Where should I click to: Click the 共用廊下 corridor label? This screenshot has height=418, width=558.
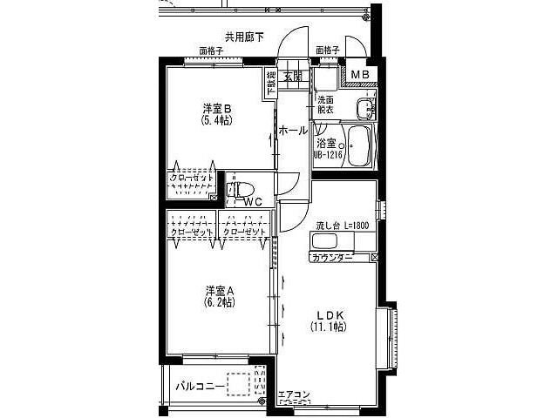(x=244, y=37)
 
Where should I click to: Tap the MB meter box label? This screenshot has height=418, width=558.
(x=360, y=75)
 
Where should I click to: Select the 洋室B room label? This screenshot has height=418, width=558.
(x=217, y=109)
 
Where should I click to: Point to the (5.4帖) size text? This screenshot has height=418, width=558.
(x=217, y=121)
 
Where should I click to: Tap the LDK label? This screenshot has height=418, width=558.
(x=328, y=314)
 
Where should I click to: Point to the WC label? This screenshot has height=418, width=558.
(x=253, y=202)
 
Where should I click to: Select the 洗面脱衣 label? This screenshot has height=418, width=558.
(x=326, y=104)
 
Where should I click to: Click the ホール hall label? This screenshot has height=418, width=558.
(x=292, y=131)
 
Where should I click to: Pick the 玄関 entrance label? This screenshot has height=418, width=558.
(x=292, y=77)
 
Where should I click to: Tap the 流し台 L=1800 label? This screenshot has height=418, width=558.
(x=343, y=226)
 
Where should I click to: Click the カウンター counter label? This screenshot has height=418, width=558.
(x=331, y=258)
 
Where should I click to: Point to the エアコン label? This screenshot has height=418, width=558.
(x=293, y=394)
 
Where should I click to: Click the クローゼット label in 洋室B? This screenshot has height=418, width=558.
(x=191, y=178)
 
